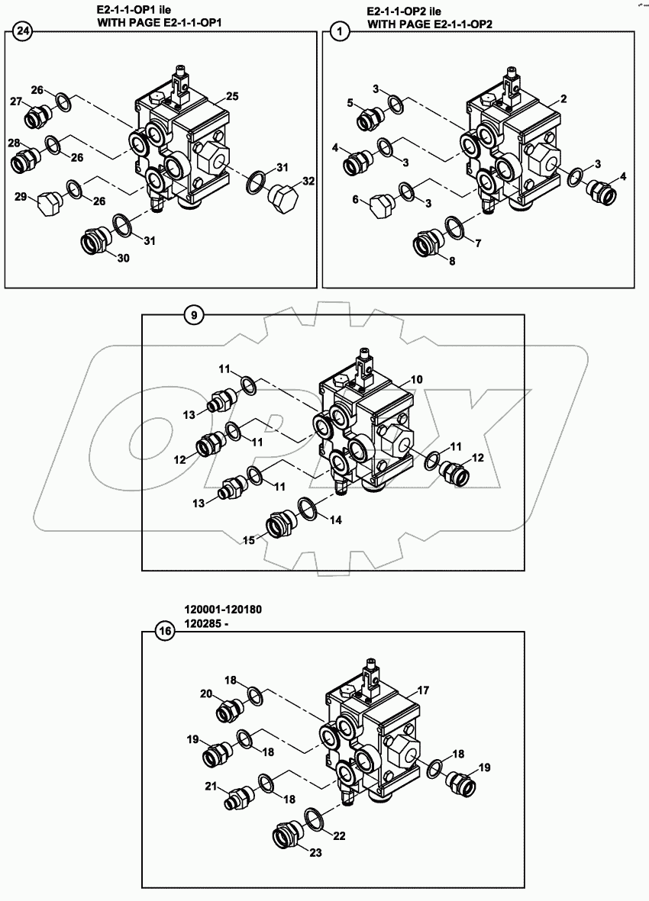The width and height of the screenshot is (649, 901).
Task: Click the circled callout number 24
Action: (x=24, y=31)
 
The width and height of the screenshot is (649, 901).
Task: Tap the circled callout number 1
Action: (x=340, y=31)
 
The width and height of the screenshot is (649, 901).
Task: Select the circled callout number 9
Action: (x=194, y=314)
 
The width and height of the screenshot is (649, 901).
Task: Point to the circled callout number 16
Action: (x=164, y=631)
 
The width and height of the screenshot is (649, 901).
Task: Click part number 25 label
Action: (x=232, y=96)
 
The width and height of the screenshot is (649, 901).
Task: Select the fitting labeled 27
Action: (x=37, y=117)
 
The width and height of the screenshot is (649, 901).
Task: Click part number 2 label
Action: (x=563, y=99)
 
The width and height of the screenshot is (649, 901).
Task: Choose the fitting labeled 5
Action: (x=370, y=117)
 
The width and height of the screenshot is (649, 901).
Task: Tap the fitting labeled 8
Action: (x=425, y=243)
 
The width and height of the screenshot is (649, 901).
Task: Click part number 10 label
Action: (x=417, y=379)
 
